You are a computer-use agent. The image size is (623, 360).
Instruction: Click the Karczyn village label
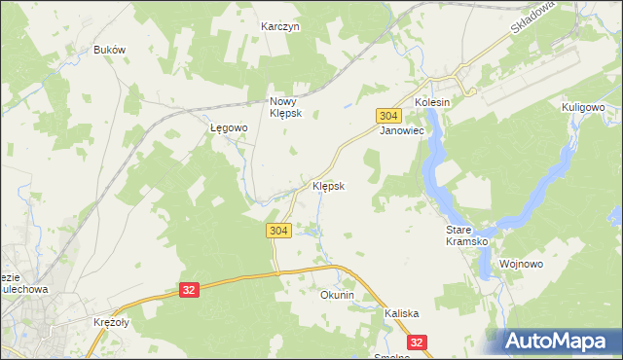280,26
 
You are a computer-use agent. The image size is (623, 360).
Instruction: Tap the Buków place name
110,50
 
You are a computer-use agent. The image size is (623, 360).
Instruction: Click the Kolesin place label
432,102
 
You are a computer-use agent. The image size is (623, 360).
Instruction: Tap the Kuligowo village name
583,107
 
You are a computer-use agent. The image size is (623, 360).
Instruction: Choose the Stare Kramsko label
458,235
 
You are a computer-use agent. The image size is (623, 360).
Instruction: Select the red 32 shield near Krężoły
190,289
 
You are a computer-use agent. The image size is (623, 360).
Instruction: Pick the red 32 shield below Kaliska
418,342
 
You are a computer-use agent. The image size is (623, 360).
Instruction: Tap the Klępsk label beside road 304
328,185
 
